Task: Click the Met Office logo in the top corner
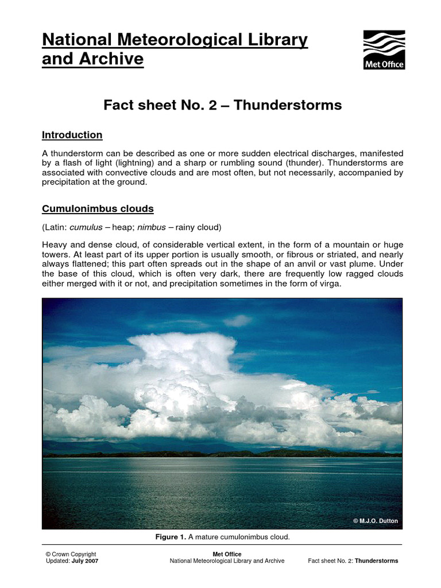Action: point(384,49)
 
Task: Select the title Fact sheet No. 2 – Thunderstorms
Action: point(222,105)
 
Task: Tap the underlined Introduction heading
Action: point(72,135)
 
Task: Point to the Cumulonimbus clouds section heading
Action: point(98,208)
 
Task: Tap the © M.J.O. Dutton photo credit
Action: point(374,521)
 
